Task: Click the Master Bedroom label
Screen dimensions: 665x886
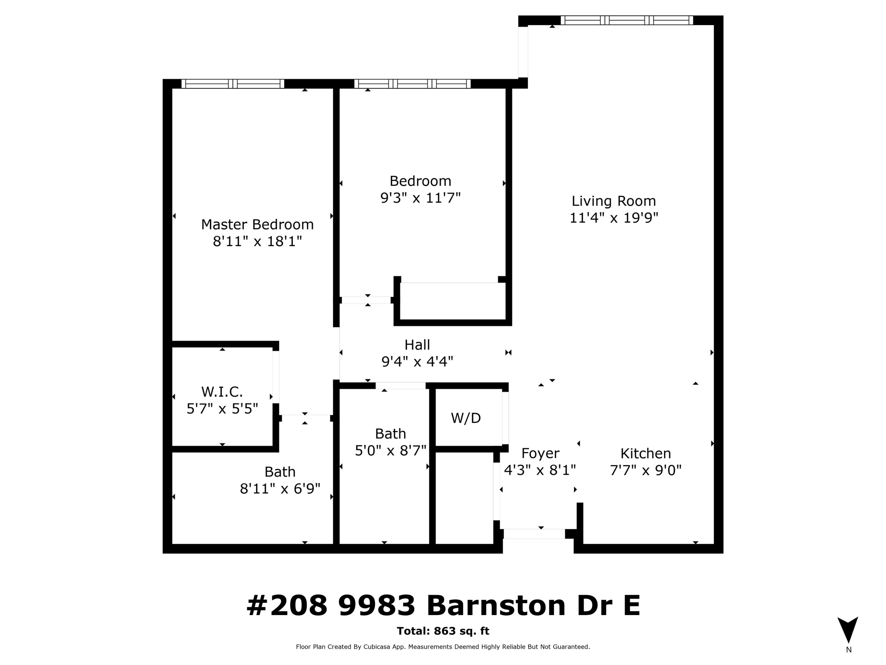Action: tap(257, 224)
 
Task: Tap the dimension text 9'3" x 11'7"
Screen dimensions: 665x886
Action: tap(420, 198)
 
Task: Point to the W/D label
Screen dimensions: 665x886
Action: tap(465, 418)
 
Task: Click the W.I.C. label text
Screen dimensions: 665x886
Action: tap(222, 391)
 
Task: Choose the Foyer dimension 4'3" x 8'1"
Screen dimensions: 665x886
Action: tap(540, 470)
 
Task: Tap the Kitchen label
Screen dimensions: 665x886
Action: tap(645, 453)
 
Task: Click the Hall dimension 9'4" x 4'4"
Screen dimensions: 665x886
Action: tap(417, 361)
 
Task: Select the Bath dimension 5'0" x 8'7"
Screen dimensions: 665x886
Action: tap(390, 450)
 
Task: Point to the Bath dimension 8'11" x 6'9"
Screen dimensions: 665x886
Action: tap(280, 489)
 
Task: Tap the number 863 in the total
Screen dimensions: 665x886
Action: tap(444, 631)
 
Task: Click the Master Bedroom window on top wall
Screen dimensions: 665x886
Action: tap(233, 84)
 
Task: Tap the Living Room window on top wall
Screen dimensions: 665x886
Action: tap(626, 20)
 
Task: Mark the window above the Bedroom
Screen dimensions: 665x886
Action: tap(412, 84)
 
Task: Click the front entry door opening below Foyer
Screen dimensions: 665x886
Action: tap(534, 534)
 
